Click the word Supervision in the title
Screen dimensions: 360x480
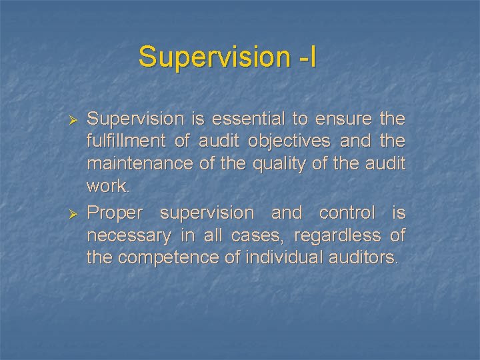click(212, 57)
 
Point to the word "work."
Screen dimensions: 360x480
click(109, 187)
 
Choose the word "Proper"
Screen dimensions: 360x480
click(115, 213)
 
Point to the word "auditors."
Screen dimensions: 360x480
click(364, 258)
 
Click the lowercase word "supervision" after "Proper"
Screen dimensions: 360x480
click(207, 213)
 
